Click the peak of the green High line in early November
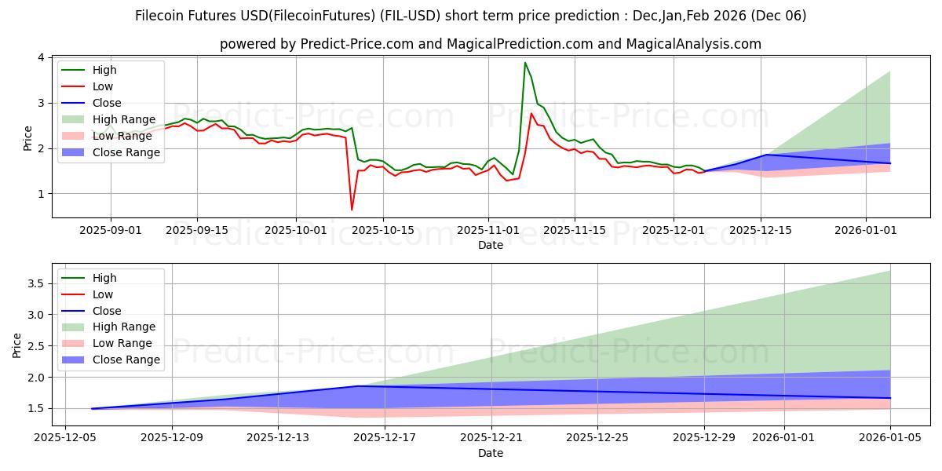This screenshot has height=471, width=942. [525, 63]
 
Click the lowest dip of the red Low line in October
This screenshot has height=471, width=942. [352, 210]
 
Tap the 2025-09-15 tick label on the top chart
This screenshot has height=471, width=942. [196, 229]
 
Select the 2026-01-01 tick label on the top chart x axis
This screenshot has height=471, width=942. [866, 229]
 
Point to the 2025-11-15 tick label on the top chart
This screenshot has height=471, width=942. [575, 229]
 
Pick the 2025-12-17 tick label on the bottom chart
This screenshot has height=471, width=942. [385, 438]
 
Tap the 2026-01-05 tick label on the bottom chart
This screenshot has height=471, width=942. [889, 438]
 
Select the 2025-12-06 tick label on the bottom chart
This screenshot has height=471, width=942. [65, 438]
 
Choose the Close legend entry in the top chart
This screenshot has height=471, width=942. [106, 103]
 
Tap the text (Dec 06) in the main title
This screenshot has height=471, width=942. [779, 16]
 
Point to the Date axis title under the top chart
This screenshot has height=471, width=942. [491, 245]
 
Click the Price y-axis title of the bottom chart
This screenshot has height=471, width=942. [17, 345]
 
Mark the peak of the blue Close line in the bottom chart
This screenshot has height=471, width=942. [358, 386]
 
